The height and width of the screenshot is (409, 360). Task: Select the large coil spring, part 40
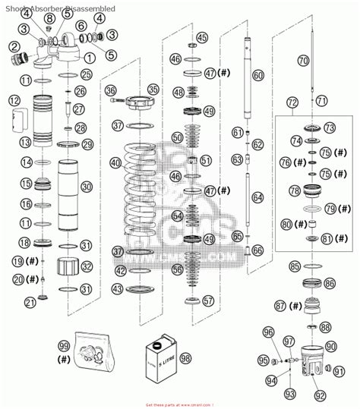(x=143, y=197)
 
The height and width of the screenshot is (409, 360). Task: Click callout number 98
(x=185, y=358)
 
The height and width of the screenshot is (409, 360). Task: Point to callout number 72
(x=292, y=102)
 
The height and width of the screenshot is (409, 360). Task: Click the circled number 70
(x=303, y=60)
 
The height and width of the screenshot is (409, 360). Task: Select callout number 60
(x=257, y=75)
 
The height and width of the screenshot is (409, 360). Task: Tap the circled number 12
(x=14, y=100)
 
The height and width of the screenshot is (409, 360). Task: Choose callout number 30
(x=86, y=187)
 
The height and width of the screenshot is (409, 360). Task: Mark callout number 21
(x=30, y=303)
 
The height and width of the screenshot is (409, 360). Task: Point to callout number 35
(x=153, y=89)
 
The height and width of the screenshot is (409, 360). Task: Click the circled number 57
(x=209, y=300)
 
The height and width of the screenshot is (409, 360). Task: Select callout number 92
(x=320, y=395)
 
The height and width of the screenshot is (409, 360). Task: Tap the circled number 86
(x=329, y=282)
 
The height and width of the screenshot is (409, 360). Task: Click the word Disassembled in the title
(x=91, y=6)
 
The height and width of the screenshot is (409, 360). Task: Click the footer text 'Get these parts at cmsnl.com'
(x=179, y=404)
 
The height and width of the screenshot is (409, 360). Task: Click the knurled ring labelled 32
(x=68, y=267)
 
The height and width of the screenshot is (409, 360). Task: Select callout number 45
(x=201, y=36)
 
